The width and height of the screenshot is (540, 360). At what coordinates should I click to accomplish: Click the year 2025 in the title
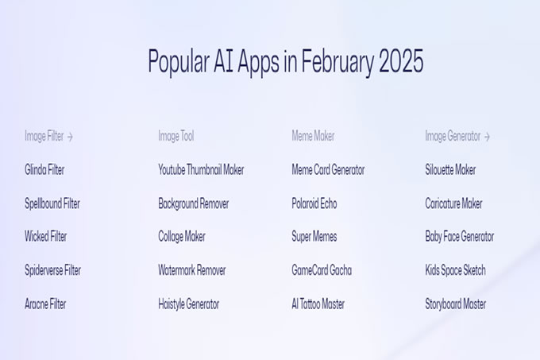[401, 61]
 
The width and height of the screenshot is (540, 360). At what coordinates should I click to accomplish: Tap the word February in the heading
[337, 63]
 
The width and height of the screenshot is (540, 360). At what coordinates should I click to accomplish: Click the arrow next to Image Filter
[70, 137]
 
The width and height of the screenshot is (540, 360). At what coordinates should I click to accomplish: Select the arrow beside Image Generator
[487, 137]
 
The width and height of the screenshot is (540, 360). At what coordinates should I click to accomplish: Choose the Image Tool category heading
[176, 136]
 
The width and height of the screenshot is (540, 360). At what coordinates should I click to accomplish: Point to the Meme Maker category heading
[313, 136]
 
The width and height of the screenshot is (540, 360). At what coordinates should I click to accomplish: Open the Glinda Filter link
[44, 169]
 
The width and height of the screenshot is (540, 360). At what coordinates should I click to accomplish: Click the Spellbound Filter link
[52, 203]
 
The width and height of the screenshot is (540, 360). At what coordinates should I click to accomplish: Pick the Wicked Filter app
[46, 236]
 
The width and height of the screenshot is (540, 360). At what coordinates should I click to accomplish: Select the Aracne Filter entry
[45, 304]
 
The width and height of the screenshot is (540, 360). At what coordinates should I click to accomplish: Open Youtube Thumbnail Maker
[201, 169]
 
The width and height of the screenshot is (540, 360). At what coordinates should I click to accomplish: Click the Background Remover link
[194, 203]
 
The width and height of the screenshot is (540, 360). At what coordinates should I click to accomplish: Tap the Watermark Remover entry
[192, 270]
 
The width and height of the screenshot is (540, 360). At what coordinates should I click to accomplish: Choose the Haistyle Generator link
[189, 304]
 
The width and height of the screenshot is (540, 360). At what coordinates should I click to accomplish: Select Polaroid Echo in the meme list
[314, 203]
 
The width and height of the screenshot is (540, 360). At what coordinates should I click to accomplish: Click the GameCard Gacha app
[322, 270]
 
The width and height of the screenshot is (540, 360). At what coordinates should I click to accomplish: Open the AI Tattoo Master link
[318, 304]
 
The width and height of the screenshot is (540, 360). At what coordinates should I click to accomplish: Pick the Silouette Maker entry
[450, 169]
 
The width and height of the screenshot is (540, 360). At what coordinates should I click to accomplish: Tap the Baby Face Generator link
[460, 237]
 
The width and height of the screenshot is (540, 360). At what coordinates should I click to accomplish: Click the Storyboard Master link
[455, 304]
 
